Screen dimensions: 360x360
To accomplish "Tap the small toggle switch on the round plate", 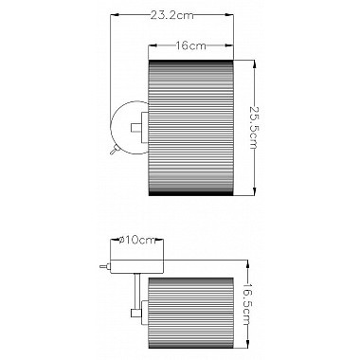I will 113,150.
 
